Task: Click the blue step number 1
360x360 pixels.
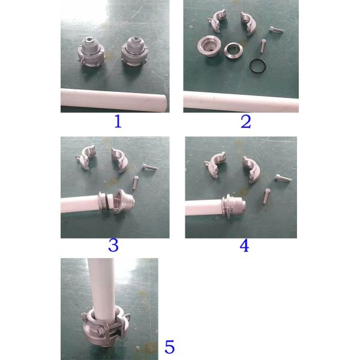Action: coord(118,121)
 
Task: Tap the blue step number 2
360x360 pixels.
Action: coord(245,122)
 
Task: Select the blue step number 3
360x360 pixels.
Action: coord(113,245)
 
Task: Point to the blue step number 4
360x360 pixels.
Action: coord(244,245)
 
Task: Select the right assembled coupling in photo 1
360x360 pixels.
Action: coord(134,52)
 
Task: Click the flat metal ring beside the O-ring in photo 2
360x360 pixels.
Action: coord(233,52)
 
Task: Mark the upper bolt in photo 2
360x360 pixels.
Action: coord(277,30)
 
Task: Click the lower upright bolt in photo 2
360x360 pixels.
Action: coord(263,46)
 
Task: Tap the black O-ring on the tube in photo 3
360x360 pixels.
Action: coord(107,201)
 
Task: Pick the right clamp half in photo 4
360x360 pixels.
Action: coord(251,169)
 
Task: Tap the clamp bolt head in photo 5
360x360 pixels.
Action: coord(100,331)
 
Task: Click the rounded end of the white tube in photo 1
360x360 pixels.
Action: coord(163,103)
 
